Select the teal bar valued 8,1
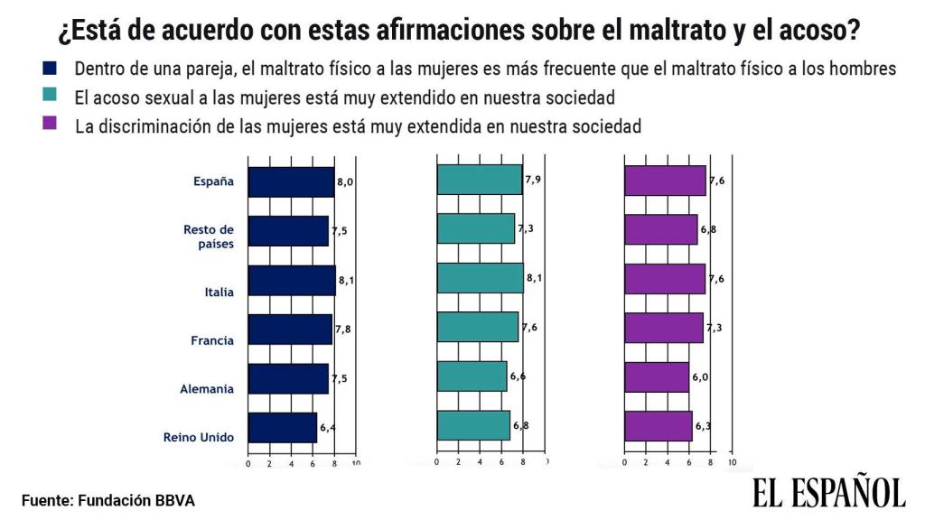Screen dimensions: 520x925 tap(480, 278)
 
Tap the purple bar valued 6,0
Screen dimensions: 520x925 tap(657, 376)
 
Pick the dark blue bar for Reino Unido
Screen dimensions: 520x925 tap(283, 427)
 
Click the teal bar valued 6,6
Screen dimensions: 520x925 tap(472, 376)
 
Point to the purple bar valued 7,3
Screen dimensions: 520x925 tap(664, 327)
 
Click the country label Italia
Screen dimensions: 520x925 tap(220, 292)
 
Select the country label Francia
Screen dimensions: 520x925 tap(212, 341)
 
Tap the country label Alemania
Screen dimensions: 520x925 tap(207, 390)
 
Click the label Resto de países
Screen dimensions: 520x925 tap(208, 237)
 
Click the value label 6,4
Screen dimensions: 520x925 tap(328, 427)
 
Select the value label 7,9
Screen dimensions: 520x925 tap(533, 180)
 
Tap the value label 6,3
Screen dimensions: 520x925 tap(703, 425)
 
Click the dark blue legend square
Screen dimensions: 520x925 tap(50, 69)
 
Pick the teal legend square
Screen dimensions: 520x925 tap(50, 95)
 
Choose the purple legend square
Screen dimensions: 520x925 tap(50, 124)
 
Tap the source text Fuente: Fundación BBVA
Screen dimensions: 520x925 tap(108, 499)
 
